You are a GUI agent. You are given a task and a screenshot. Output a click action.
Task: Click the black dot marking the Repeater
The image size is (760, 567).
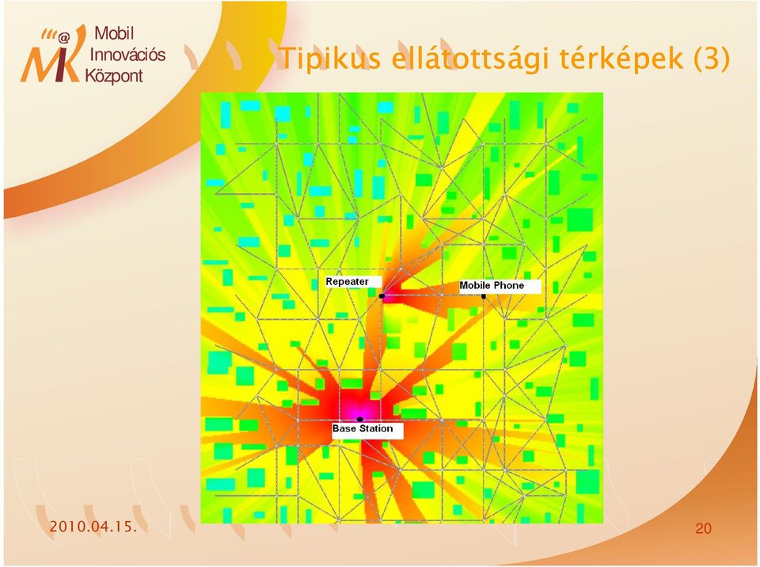tap(382, 295)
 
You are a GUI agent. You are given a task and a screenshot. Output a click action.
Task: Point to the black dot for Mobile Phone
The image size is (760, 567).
tap(483, 296)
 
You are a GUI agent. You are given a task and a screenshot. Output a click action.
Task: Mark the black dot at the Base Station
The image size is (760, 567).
tap(359, 419)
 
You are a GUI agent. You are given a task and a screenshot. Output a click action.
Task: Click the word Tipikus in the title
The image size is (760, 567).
tap(331, 58)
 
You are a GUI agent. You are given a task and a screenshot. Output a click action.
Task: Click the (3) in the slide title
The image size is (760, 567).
tap(711, 58)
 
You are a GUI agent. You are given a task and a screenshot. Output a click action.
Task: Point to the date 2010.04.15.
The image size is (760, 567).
tap(93, 527)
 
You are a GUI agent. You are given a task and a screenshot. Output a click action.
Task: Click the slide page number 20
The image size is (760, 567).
tap(703, 528)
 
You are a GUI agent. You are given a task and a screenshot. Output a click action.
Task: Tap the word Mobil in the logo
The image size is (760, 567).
tap(114, 33)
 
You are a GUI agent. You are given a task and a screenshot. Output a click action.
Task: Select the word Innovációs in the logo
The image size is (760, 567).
tap(128, 55)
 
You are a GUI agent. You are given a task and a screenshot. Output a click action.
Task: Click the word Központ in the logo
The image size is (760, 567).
tap(114, 76)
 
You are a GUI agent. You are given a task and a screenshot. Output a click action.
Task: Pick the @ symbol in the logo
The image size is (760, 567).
tap(64, 37)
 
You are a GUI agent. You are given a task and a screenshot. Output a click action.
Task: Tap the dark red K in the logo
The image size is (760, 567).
tap(66, 55)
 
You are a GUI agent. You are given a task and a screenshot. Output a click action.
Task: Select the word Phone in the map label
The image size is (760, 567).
tap(509, 285)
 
